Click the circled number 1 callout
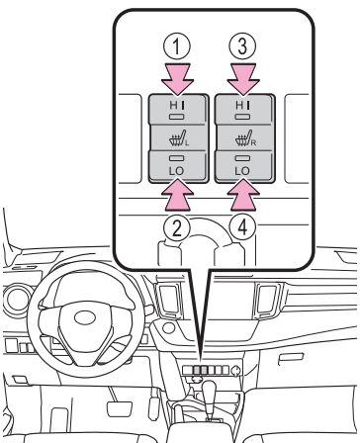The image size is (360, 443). point(177,46)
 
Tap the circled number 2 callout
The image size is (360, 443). point(177,227)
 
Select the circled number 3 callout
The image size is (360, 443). point(242,46)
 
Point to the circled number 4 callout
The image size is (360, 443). point(242,227)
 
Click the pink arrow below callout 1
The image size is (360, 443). point(177,79)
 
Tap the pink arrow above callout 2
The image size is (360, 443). point(177,195)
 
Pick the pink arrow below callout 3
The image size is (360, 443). point(243,79)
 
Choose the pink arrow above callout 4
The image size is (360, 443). point(243,195)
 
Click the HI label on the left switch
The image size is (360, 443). point(177,105)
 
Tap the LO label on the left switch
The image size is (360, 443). point(177,171)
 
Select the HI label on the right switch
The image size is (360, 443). point(243,105)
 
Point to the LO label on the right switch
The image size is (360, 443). point(242,171)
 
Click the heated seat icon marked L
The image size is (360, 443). point(179,138)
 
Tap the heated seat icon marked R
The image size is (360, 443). point(245,138)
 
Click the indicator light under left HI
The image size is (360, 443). point(177,117)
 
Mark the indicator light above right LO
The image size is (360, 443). point(243,158)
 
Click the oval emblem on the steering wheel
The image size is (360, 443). point(85,317)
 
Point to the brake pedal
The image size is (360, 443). point(119,409)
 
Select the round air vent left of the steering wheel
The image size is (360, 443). point(16,300)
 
